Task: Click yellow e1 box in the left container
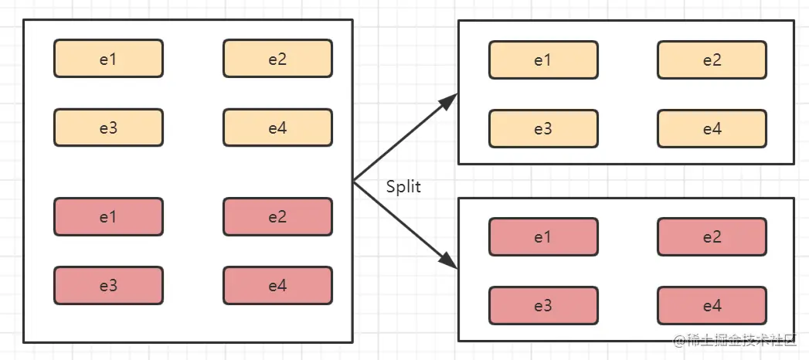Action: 108,59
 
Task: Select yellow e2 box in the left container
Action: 277,59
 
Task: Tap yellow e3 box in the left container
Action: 108,127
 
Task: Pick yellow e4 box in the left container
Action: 277,127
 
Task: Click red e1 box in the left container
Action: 108,217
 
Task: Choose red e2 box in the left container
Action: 277,217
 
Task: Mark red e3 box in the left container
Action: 108,285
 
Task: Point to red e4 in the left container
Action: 277,285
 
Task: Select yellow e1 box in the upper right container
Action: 543,60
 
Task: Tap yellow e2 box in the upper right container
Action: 712,60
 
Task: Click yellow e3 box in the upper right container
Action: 543,128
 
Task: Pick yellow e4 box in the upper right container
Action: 712,128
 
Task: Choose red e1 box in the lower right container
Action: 543,236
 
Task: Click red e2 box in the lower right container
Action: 712,236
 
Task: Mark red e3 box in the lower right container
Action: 543,305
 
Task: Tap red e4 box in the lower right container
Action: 712,305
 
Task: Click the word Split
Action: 403,187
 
